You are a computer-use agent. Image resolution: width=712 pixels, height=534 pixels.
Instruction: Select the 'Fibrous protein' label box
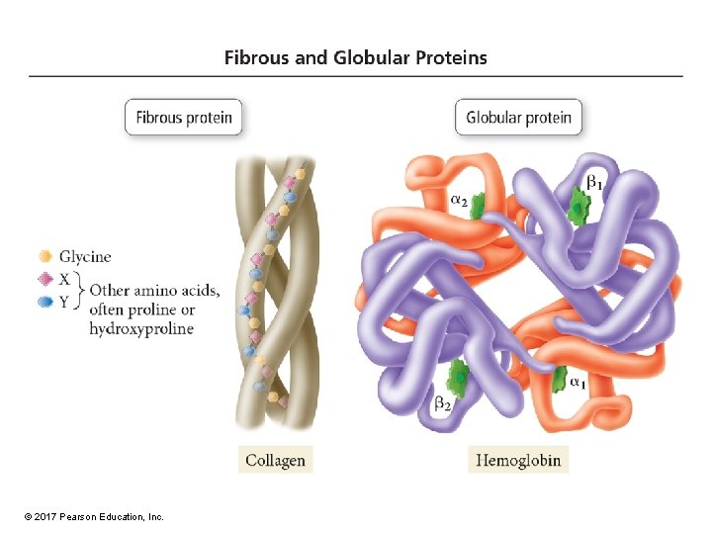[x=184, y=118]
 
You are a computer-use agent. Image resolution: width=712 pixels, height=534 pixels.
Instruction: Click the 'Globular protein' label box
[x=518, y=118]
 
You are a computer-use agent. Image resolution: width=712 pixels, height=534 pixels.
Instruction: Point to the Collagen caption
[x=275, y=460]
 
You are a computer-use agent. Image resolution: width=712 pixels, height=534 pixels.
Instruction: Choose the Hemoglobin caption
[x=518, y=460]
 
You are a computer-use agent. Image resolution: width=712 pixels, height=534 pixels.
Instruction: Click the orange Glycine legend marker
[x=44, y=257]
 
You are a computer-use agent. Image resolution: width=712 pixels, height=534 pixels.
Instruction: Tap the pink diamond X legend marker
[x=44, y=280]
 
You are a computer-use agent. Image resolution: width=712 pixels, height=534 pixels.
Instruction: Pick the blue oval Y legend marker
[x=44, y=303]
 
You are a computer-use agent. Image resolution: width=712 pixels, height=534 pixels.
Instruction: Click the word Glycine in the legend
[x=85, y=257]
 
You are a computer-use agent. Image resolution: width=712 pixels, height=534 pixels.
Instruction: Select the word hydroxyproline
[x=141, y=328]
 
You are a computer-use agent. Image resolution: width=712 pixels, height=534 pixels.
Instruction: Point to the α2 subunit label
[x=460, y=200]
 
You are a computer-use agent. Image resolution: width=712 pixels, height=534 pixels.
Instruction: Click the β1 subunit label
[x=593, y=182]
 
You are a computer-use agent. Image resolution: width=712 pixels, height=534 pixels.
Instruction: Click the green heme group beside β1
[x=577, y=208]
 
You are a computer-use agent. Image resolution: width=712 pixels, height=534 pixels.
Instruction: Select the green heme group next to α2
[x=480, y=207]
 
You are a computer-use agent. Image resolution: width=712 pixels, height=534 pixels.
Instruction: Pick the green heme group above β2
[x=458, y=375]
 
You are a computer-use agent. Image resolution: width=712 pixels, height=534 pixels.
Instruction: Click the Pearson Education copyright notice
[x=93, y=517]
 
